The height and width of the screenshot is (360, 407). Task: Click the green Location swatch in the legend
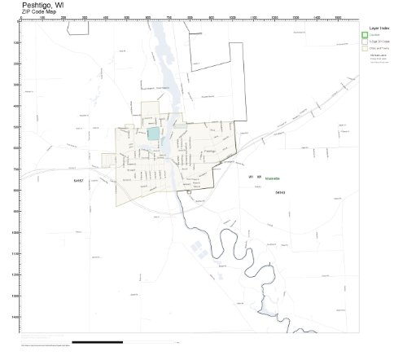(x=365, y=34)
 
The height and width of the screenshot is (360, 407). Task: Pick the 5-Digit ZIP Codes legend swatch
(x=365, y=42)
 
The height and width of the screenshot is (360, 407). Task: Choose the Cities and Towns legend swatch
(x=365, y=49)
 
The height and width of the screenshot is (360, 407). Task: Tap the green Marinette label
(x=272, y=177)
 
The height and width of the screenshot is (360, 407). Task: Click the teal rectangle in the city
(x=154, y=133)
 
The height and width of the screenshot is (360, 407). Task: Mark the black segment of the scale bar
(x=98, y=342)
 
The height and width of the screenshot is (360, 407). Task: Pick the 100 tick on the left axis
(x=18, y=42)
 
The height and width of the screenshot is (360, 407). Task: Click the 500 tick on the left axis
(x=18, y=127)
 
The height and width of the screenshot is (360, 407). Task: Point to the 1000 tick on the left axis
(x=18, y=232)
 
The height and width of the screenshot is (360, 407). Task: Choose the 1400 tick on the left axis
(x=18, y=316)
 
